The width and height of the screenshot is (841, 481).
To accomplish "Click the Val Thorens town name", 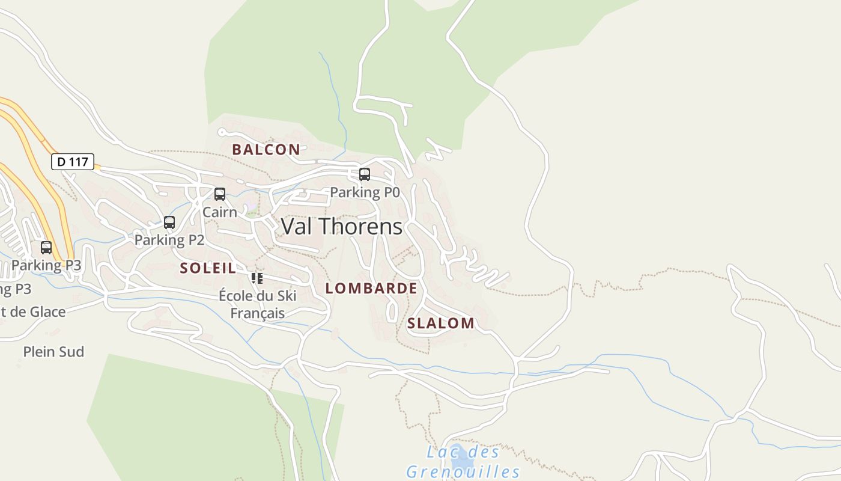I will tap(341, 227).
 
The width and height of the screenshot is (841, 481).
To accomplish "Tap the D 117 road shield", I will tap(72, 162).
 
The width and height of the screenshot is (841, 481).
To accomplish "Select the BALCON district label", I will tap(266, 150).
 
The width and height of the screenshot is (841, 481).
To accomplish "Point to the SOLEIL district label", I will tap(208, 268).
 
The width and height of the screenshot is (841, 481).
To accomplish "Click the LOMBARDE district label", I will tap(371, 289).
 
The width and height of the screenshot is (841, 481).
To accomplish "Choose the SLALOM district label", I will tap(441, 323).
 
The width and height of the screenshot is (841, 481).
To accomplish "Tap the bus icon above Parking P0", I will tap(365, 174).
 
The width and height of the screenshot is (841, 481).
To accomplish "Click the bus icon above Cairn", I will tap(220, 194).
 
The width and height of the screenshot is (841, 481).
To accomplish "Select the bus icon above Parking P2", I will tap(169, 222).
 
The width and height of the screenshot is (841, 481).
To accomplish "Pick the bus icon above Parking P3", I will tap(46, 247).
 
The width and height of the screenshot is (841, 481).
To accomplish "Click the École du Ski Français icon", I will tap(257, 278).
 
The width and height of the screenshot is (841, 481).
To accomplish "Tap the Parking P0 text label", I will tap(365, 192).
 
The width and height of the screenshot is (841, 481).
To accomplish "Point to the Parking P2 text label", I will tap(169, 240).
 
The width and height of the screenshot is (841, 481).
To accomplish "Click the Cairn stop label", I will tap(219, 212).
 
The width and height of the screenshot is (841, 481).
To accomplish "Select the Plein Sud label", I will tap(53, 352).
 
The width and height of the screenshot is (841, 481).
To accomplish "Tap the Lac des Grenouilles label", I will tap(463, 461).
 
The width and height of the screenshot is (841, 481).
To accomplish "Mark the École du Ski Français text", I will tap(258, 304).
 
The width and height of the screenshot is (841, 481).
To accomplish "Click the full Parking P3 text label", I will tap(46, 265).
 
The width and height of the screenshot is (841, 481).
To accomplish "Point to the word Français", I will tap(258, 313).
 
